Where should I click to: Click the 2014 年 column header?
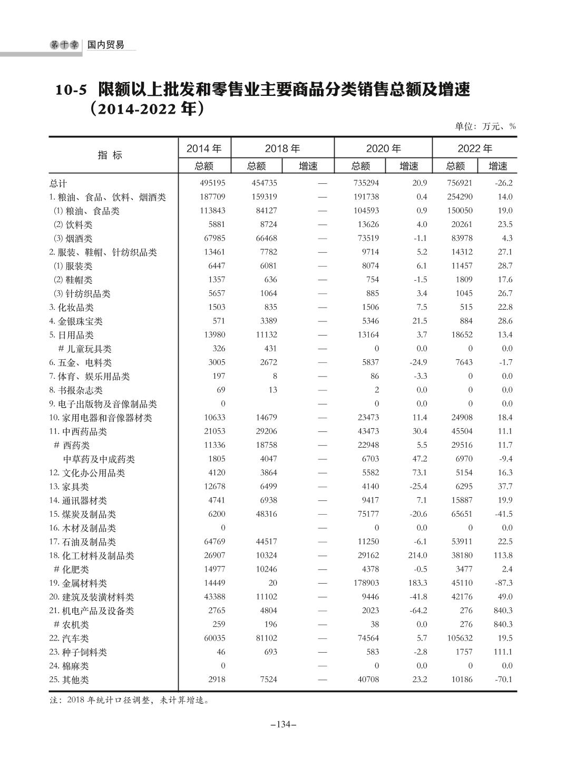[x=204, y=149]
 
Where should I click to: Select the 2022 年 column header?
[x=474, y=149]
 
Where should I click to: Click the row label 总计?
[x=58, y=183]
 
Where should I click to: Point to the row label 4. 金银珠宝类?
[x=76, y=321]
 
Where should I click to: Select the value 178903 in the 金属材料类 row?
[x=365, y=583]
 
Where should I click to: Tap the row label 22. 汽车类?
[x=69, y=638]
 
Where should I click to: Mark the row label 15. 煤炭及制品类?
[x=82, y=514]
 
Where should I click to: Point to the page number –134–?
[x=283, y=724]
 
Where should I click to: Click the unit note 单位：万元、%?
[x=485, y=126]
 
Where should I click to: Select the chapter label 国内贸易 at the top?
[x=106, y=45]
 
